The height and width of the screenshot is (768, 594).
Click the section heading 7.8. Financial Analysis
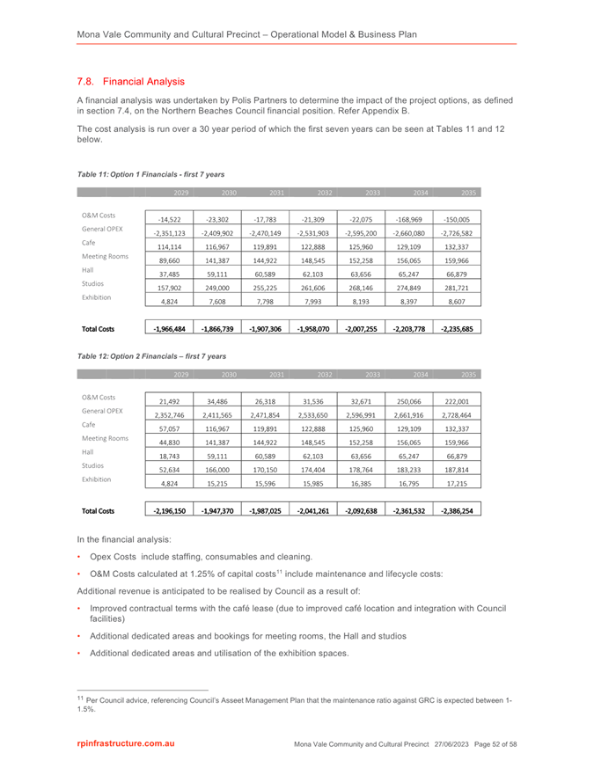(x=130, y=82)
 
